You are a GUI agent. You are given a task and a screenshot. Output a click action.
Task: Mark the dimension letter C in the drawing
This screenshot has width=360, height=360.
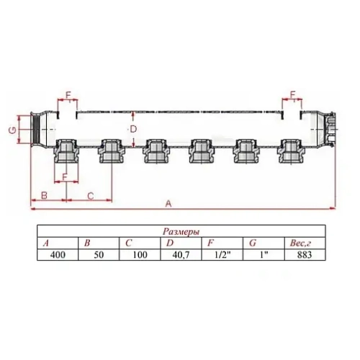pos(90,195)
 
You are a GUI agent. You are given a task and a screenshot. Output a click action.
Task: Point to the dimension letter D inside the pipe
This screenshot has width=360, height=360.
pos(132,129)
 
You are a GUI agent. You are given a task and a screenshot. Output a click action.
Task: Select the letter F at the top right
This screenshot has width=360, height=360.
pos(294,94)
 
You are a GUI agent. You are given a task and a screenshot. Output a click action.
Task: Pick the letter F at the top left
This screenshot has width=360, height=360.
pos(69,94)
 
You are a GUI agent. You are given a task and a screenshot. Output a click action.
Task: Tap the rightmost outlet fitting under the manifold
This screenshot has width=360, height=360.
pos(291,152)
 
